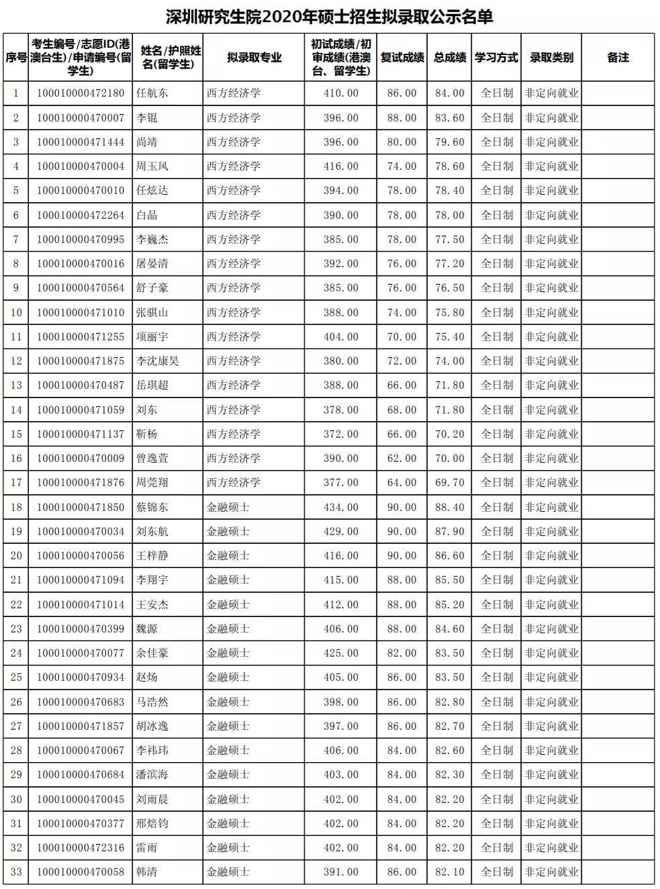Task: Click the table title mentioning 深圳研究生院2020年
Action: click(x=329, y=16)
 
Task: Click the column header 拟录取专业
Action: click(x=254, y=58)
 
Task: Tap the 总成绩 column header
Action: click(x=449, y=58)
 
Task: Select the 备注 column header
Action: click(x=617, y=58)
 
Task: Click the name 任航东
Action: click(x=152, y=93)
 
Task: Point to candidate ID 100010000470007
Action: click(x=81, y=118)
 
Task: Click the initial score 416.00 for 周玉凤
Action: click(x=341, y=167)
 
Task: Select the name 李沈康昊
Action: click(x=158, y=361)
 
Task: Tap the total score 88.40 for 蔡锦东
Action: click(x=449, y=507)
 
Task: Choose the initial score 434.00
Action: click(x=341, y=507)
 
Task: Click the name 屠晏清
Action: click(x=152, y=263)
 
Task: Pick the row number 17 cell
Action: click(x=16, y=482)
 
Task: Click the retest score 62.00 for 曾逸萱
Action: click(x=402, y=458)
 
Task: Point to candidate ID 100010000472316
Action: click(x=81, y=847)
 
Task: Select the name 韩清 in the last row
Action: click(x=147, y=872)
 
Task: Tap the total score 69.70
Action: click(x=449, y=482)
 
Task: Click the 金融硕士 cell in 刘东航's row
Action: click(x=228, y=531)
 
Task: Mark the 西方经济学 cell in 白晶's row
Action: click(x=234, y=215)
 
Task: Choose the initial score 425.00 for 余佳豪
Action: click(x=341, y=653)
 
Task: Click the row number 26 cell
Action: click(x=16, y=702)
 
